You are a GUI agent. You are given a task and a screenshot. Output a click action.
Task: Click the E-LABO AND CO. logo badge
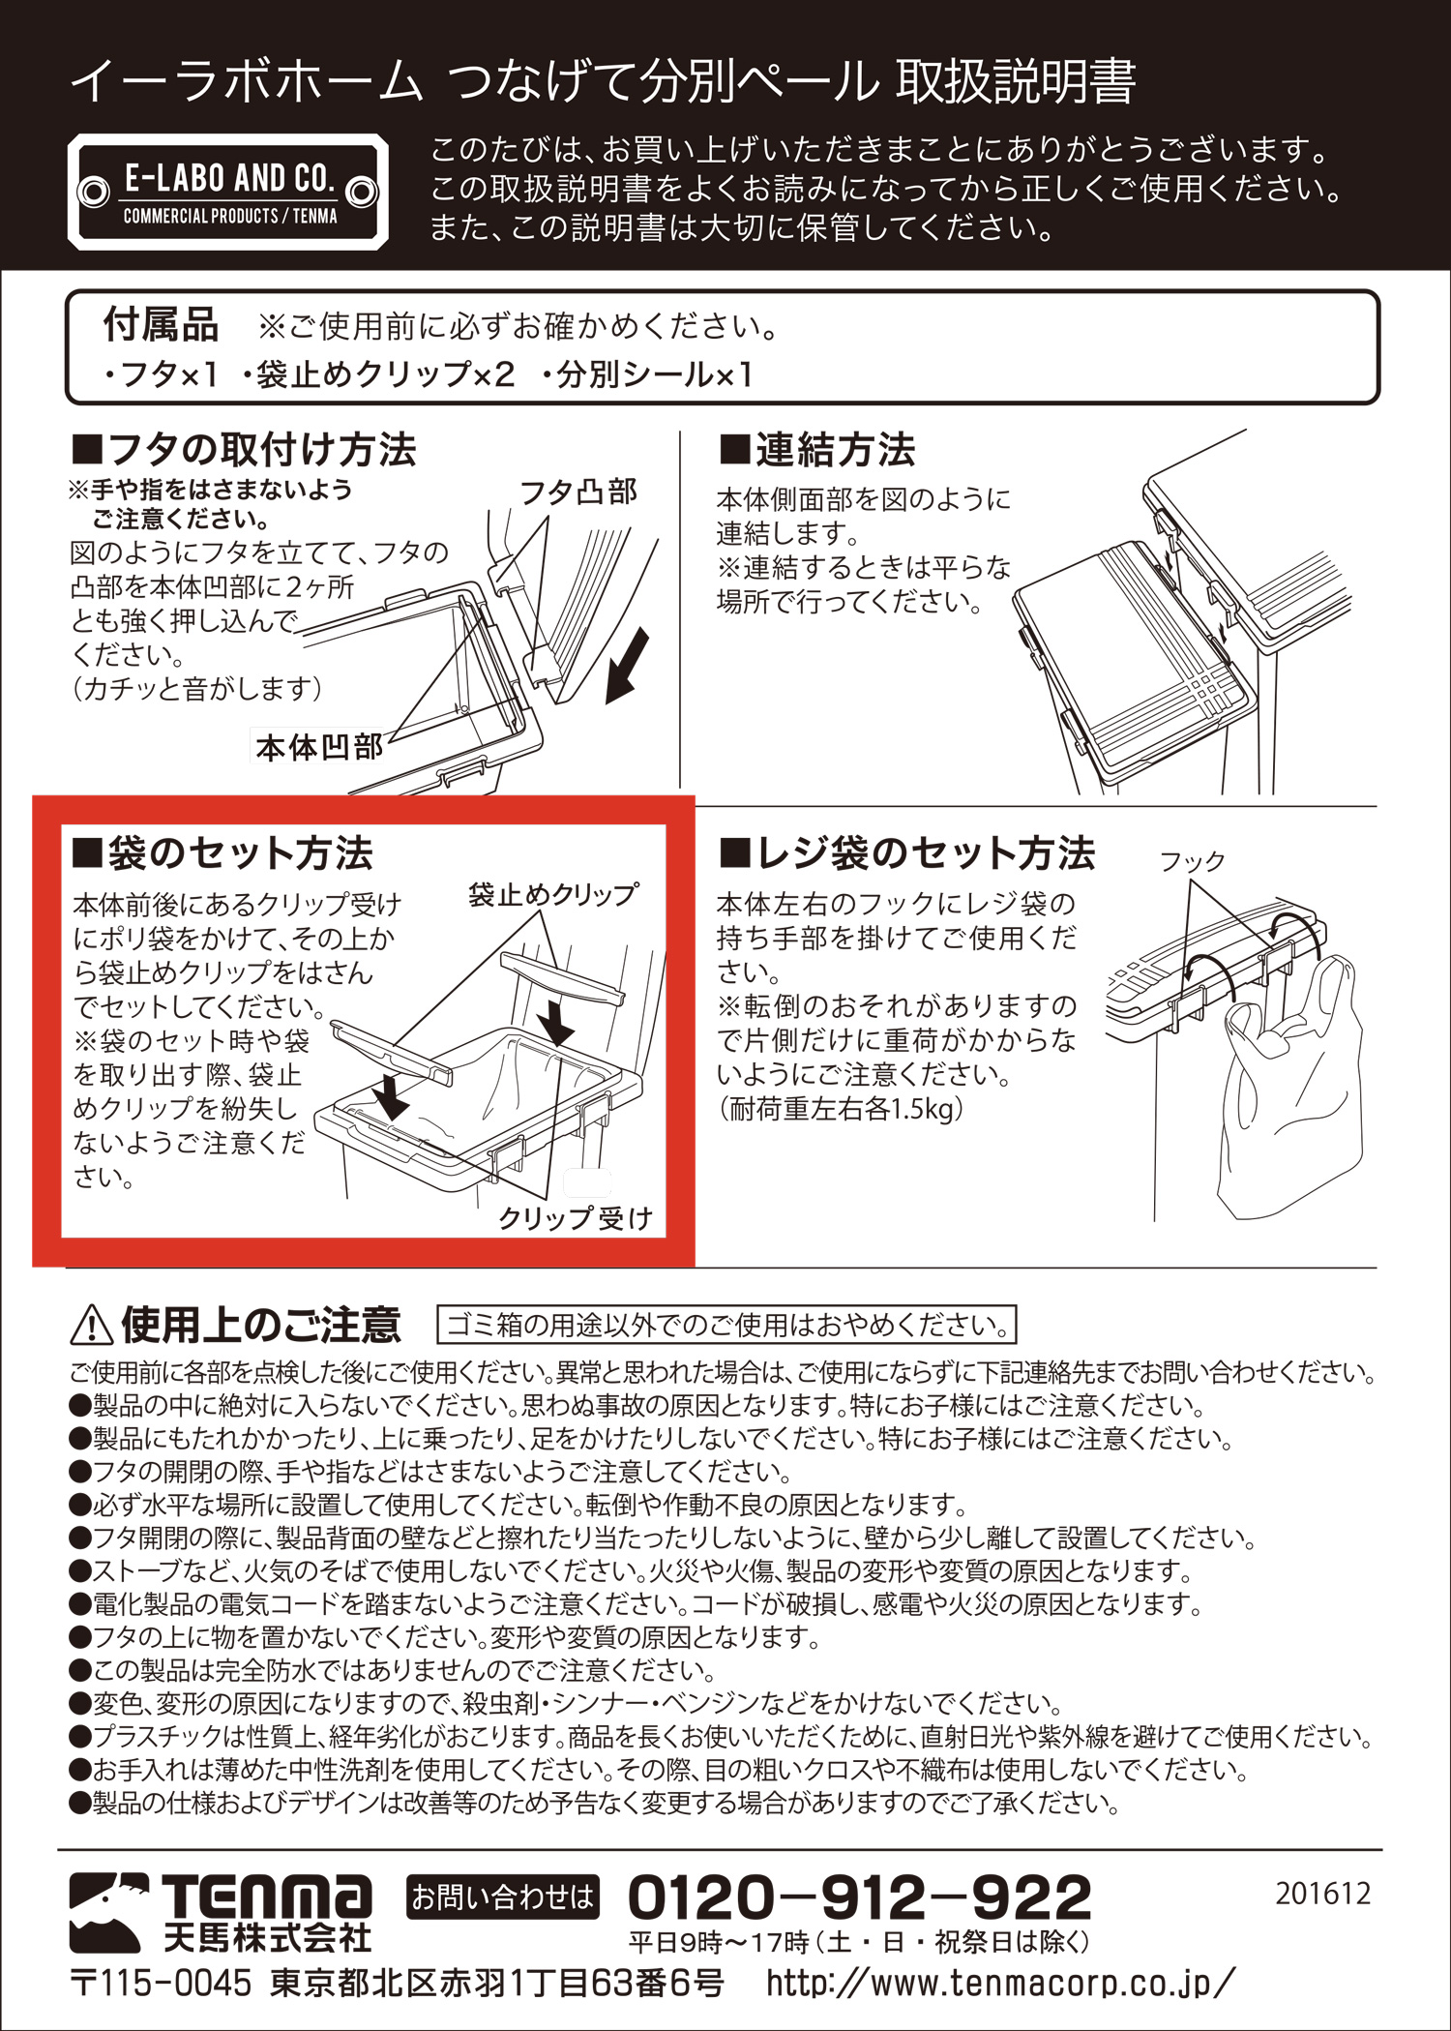point(228,192)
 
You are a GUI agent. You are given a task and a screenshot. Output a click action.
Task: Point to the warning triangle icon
point(92,1325)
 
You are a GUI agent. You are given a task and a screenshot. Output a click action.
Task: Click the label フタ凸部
point(578,493)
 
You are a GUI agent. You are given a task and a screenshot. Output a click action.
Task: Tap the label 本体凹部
point(318,746)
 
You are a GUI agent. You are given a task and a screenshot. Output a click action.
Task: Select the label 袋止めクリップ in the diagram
point(553,894)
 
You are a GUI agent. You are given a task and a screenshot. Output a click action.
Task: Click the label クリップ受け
point(576,1217)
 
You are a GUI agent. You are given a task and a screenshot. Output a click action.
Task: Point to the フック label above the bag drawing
point(1192,860)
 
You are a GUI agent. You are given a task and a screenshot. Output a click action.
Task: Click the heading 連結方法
point(817,450)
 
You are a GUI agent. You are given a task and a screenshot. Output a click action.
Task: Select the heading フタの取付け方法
point(244,450)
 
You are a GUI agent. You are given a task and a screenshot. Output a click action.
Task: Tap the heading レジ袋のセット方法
point(907,853)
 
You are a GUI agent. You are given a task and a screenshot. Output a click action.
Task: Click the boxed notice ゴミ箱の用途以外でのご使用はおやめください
point(727,1325)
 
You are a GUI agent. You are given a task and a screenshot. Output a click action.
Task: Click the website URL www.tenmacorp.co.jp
point(1000,1983)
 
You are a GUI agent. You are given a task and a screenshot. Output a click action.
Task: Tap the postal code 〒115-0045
point(161,1983)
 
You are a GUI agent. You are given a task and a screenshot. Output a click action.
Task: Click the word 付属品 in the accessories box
point(161,325)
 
